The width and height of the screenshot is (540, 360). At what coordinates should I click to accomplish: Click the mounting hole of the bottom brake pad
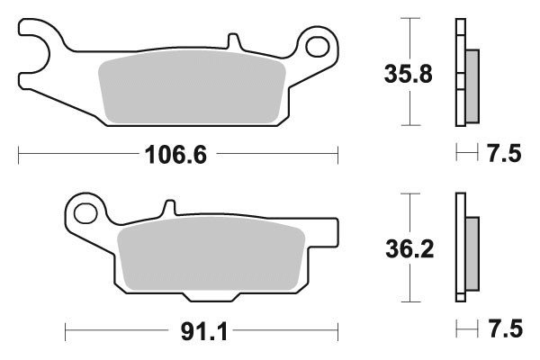click(x=86, y=214)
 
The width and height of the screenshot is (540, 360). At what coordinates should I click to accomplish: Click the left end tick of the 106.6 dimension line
click(x=19, y=155)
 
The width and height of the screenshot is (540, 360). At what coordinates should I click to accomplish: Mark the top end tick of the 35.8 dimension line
click(x=410, y=19)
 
